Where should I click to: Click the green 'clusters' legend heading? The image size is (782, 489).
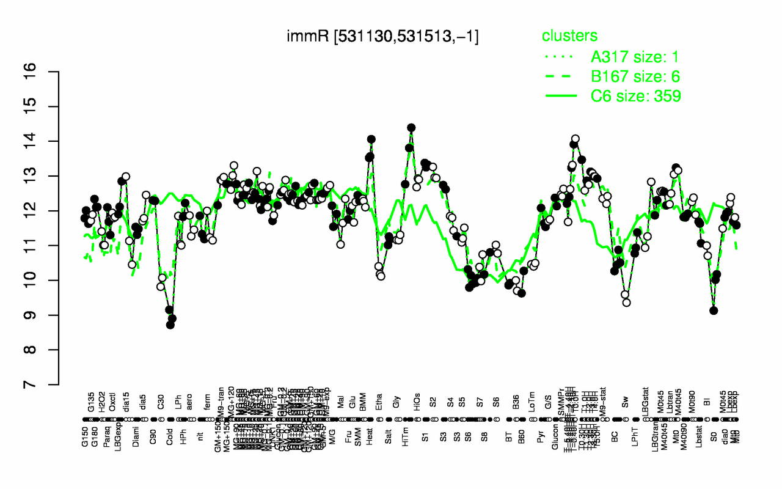tap(570, 35)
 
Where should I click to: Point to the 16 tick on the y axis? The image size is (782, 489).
tap(48, 72)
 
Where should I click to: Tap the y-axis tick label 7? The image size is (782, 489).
tap(48, 384)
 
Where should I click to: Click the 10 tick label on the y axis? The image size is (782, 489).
tap(48, 280)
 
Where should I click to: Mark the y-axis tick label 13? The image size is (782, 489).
tap(48, 176)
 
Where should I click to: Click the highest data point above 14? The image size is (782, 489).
tap(411, 128)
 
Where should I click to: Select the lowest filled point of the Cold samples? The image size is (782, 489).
tap(170, 325)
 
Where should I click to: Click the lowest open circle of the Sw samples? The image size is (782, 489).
tap(626, 302)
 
